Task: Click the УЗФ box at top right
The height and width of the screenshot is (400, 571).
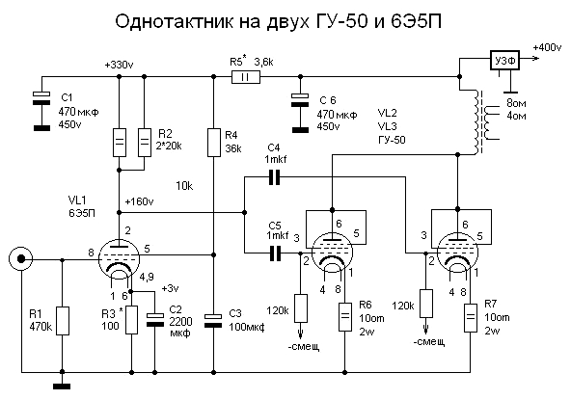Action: tap(504, 61)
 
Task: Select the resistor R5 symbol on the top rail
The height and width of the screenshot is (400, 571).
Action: tap(246, 77)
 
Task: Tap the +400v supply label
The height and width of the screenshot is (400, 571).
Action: tap(547, 47)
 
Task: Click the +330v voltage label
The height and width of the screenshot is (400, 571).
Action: tap(119, 66)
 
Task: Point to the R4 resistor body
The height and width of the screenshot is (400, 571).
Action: tap(214, 143)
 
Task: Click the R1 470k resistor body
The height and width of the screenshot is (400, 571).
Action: tap(63, 321)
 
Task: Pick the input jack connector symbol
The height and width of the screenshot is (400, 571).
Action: tap(21, 258)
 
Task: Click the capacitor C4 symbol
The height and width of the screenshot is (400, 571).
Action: tap(274, 177)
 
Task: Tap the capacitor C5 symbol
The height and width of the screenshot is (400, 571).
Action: tap(275, 253)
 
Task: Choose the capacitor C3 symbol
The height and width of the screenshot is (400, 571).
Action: tap(214, 321)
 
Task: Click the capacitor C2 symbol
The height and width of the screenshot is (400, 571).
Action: tap(154, 320)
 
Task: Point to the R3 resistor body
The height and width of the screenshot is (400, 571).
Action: tap(131, 320)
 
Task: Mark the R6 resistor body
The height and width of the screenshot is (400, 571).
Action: tap(345, 317)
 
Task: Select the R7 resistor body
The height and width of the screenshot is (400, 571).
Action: tap(470, 317)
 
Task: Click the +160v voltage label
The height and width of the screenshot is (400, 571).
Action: tap(139, 201)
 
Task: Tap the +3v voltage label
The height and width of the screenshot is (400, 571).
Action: tap(170, 288)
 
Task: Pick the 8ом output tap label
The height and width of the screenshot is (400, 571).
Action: tap(516, 103)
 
